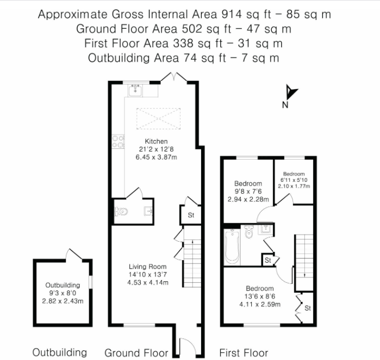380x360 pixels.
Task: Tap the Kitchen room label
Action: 156,141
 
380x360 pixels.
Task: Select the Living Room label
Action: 147,267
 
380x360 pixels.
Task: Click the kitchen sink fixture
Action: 136,90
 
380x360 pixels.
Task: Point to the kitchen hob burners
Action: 118,142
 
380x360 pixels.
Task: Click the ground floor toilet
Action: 121,212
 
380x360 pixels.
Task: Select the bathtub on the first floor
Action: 232,247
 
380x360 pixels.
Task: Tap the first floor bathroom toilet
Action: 248,232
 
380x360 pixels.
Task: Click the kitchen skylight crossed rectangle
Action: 158,118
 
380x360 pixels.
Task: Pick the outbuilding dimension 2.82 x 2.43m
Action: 63,301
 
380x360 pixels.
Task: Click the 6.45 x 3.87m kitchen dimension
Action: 156,157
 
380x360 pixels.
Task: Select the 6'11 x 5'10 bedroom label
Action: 294,180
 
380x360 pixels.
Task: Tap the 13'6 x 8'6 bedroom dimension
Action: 260,296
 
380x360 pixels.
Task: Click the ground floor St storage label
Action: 191,215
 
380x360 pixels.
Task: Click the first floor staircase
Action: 304,262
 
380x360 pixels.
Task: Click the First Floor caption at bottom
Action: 244,353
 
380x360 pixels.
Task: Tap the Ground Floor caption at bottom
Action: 136,353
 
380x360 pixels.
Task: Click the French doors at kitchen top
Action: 174,77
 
